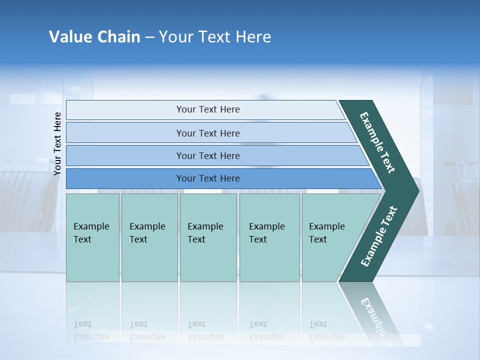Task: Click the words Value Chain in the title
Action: (x=94, y=37)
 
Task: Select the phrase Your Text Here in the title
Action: (x=215, y=37)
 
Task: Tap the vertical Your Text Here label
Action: (x=57, y=143)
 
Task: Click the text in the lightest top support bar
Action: (x=208, y=109)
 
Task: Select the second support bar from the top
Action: (x=208, y=133)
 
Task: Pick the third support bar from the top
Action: (x=208, y=156)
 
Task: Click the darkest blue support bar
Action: (x=208, y=178)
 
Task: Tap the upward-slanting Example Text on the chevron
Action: (x=379, y=236)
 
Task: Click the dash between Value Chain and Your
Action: (x=149, y=37)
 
